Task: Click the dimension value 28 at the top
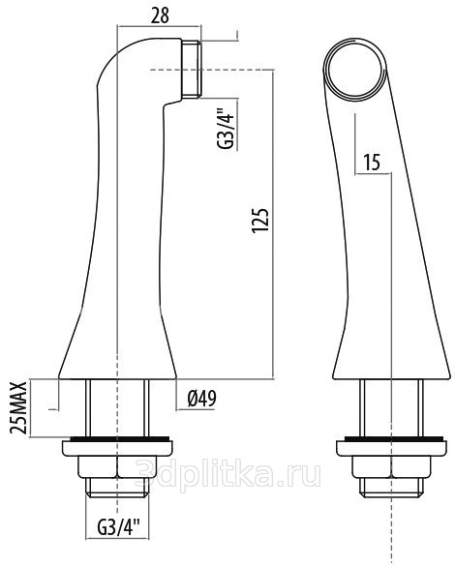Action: tap(160, 15)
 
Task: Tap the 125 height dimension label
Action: tap(260, 220)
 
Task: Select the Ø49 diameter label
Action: tap(201, 399)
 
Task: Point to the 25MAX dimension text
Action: tap(18, 407)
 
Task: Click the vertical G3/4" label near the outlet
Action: tap(226, 129)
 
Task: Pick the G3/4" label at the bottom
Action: tap(118, 527)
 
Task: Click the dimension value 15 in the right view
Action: tap(372, 163)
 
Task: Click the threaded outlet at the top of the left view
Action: tap(191, 69)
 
